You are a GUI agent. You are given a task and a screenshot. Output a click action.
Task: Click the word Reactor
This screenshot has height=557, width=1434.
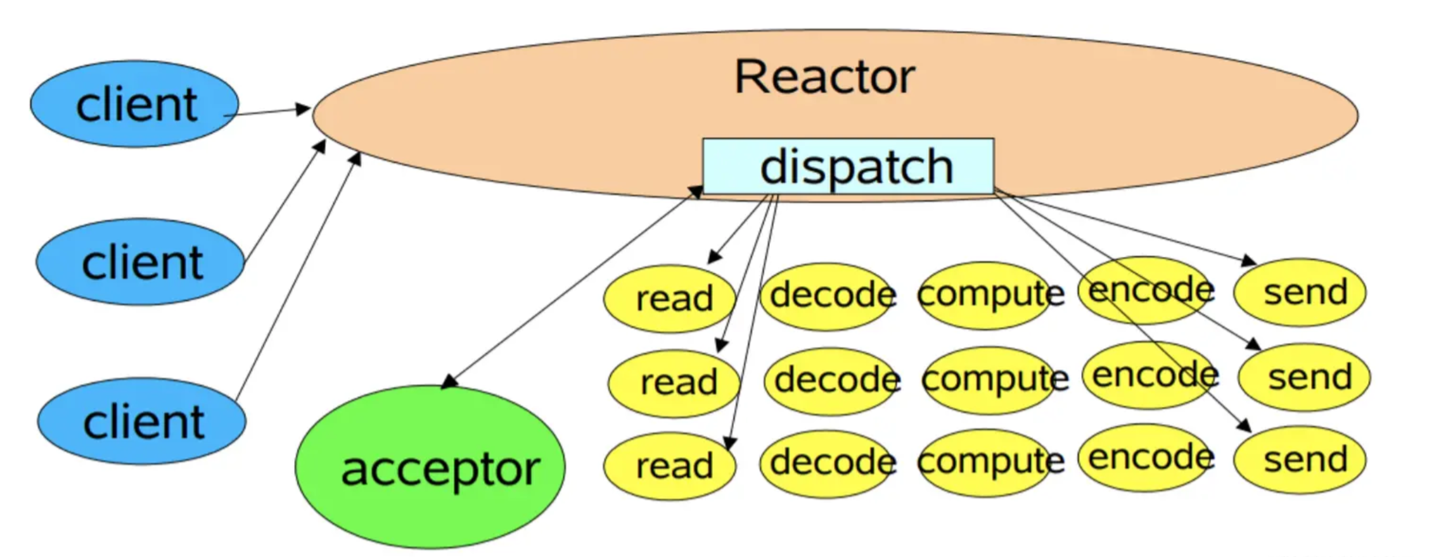tap(824, 77)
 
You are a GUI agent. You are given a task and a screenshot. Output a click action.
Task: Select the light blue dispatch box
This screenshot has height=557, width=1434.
tap(848, 166)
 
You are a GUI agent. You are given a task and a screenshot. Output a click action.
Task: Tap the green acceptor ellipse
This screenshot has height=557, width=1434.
tap(430, 466)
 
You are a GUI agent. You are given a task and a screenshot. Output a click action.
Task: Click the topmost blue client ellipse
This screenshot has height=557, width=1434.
tap(135, 104)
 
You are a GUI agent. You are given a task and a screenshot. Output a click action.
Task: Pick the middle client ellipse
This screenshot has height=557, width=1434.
tap(140, 262)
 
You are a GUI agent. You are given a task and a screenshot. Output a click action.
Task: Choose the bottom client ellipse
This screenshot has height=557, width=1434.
tap(142, 422)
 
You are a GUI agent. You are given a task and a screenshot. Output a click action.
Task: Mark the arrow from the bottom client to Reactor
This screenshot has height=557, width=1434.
tap(298, 276)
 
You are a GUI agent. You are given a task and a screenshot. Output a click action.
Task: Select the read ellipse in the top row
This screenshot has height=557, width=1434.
tap(669, 297)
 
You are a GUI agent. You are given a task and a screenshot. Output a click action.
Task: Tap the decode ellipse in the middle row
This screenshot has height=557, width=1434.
tap(831, 380)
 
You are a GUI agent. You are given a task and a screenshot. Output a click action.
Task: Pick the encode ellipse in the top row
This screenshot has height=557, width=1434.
tap(1146, 290)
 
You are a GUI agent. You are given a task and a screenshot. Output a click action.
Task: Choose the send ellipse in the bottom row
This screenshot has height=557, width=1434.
tap(1300, 460)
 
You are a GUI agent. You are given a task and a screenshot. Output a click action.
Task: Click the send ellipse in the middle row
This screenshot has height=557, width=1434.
tap(1305, 377)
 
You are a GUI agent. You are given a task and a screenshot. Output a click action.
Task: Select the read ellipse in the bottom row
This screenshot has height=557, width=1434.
tap(670, 466)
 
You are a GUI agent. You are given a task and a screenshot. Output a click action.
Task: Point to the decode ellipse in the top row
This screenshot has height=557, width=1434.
tap(827, 296)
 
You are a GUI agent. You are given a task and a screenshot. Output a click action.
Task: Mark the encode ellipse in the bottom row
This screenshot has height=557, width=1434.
tap(1146, 458)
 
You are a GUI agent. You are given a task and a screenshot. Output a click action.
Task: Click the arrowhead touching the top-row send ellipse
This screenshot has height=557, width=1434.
tap(1250, 261)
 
